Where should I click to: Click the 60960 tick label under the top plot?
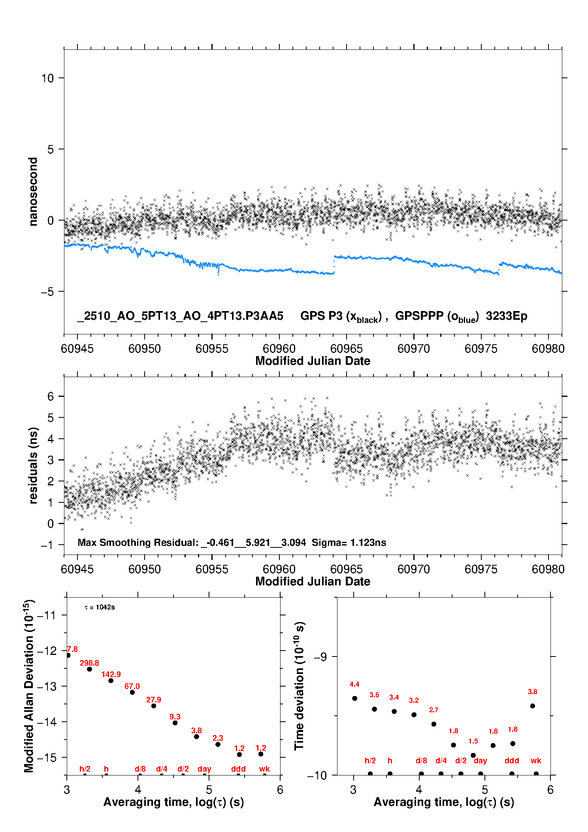click(x=279, y=349)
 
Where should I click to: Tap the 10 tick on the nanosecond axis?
click(x=47, y=78)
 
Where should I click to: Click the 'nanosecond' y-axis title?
click(x=33, y=192)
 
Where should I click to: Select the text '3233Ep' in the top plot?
click(x=507, y=316)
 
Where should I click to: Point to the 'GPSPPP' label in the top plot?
click(x=418, y=316)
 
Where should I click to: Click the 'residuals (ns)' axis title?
click(x=33, y=466)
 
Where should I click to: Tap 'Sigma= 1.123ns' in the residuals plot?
click(x=349, y=542)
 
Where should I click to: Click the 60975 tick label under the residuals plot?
click(x=481, y=569)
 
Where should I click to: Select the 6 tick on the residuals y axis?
click(x=51, y=396)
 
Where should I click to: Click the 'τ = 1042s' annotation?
click(x=100, y=607)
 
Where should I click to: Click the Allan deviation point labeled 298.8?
click(x=90, y=669)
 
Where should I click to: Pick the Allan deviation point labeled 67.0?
click(x=132, y=692)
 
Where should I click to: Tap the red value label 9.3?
click(x=175, y=717)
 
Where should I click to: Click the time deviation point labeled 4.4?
click(x=354, y=698)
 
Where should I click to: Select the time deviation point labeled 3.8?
click(x=533, y=706)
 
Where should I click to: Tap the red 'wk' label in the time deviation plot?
click(x=536, y=760)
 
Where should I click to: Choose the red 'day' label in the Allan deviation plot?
click(x=204, y=769)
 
